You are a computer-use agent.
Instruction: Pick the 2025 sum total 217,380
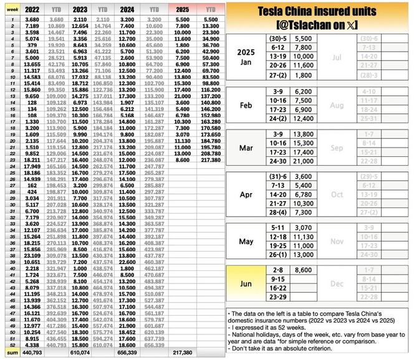(x=182, y=353)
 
